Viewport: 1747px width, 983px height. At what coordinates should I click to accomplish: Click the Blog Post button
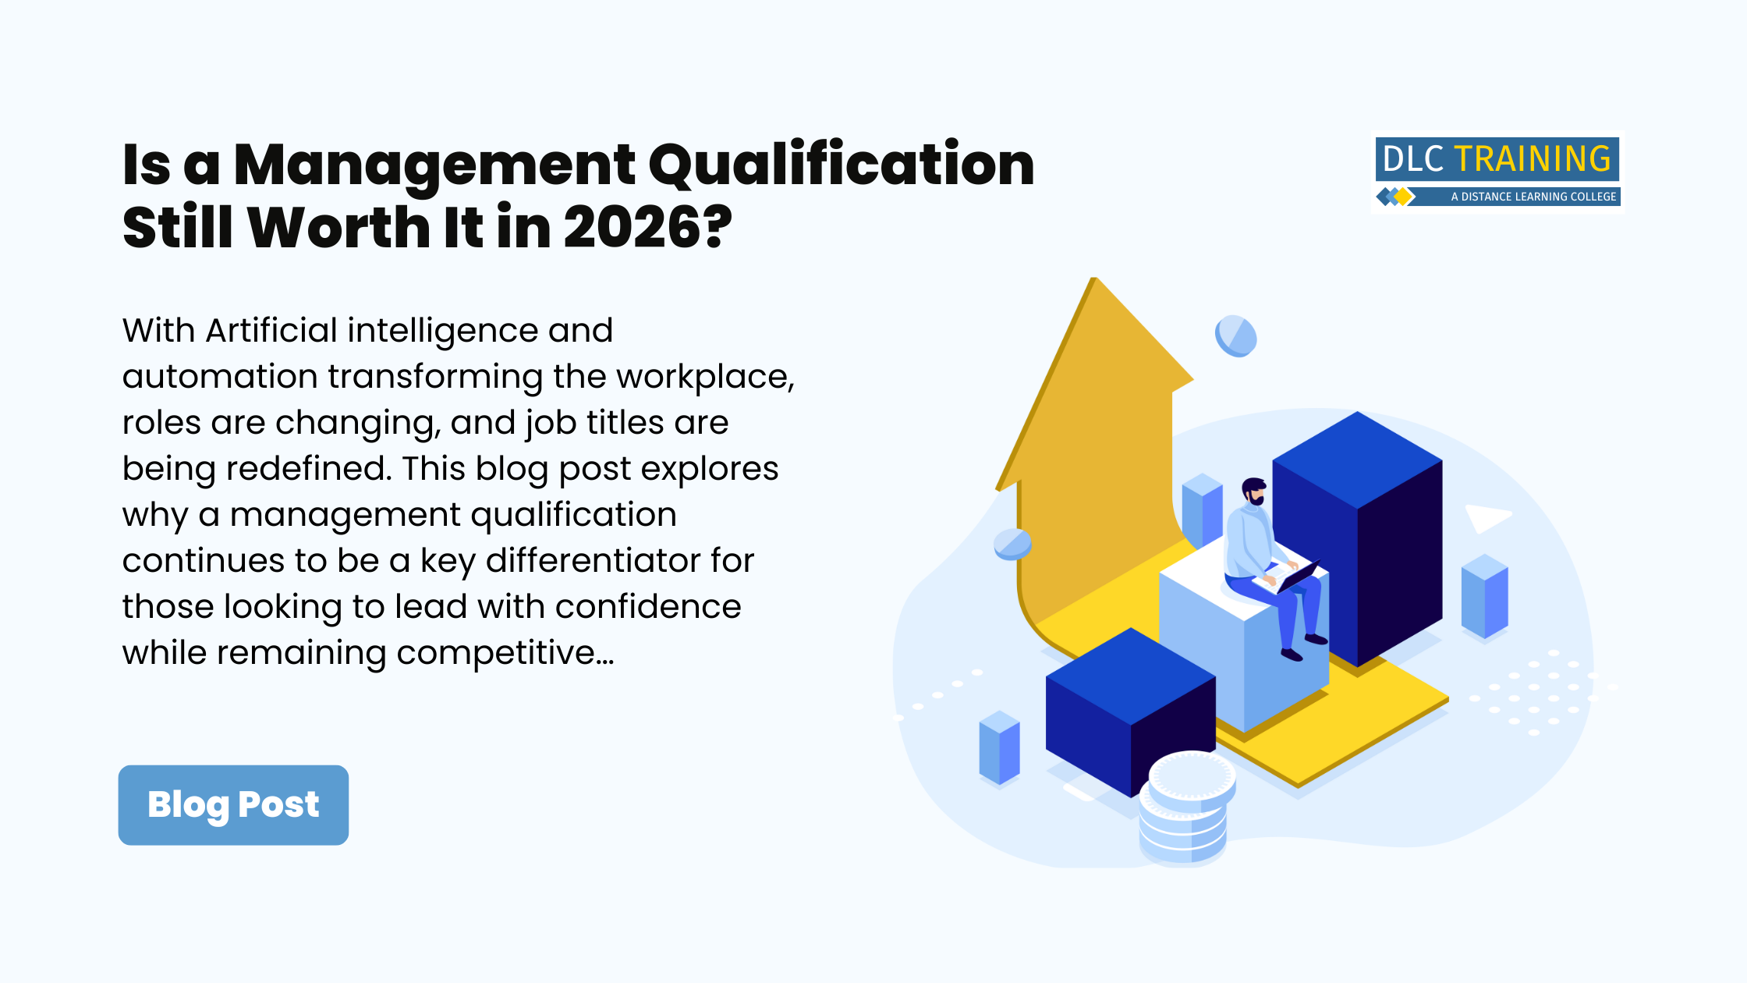[x=233, y=804]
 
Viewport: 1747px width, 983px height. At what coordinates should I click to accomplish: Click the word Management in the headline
[x=434, y=165]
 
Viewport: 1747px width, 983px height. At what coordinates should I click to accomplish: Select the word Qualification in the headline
[x=841, y=165]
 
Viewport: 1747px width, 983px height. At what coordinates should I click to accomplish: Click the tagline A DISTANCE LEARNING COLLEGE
[x=1533, y=197]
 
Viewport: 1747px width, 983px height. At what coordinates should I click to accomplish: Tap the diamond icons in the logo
[x=1395, y=197]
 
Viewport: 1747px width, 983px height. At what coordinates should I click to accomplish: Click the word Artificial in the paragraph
[x=271, y=331]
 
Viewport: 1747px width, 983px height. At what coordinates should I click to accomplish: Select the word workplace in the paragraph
[x=703, y=377]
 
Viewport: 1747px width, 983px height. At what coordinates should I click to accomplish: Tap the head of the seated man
[x=1254, y=491]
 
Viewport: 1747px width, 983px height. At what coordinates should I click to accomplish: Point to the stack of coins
[x=1186, y=811]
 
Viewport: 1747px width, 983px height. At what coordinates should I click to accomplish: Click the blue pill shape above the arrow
[x=1235, y=336]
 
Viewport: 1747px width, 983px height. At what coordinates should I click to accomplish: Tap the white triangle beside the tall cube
[x=1486, y=517]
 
